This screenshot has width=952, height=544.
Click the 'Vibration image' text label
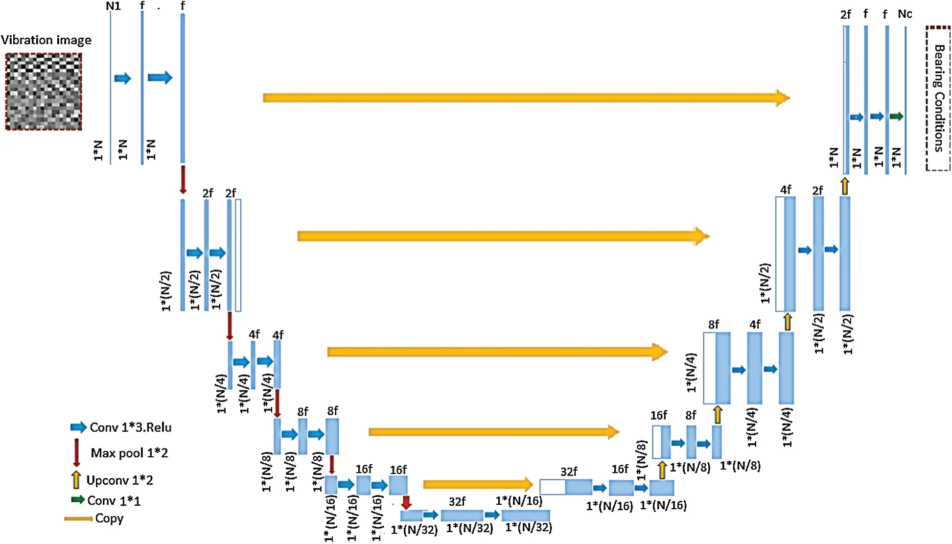pos(46,40)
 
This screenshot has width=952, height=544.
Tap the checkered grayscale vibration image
pos(44,92)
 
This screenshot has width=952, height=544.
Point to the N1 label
pos(113,6)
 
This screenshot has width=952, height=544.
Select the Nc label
pos(905,14)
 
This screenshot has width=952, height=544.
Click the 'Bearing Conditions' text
pos(938,98)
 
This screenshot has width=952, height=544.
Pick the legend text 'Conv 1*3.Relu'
pos(131,427)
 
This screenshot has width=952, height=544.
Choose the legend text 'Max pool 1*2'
pos(129,453)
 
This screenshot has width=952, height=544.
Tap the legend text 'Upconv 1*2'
pos(119,480)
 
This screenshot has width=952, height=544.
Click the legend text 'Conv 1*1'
pos(114,501)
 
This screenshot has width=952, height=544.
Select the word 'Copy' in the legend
pos(109,519)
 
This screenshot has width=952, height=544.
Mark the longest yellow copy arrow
pos(526,97)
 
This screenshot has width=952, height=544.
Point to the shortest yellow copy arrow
pos(478,484)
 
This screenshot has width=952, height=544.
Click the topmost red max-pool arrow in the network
pos(183,180)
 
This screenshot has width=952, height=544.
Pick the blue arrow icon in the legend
pos(78,427)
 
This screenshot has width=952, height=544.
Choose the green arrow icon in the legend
pos(78,500)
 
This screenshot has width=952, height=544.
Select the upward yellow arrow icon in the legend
pos(76,480)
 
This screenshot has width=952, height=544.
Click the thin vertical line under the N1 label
pos(111,88)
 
